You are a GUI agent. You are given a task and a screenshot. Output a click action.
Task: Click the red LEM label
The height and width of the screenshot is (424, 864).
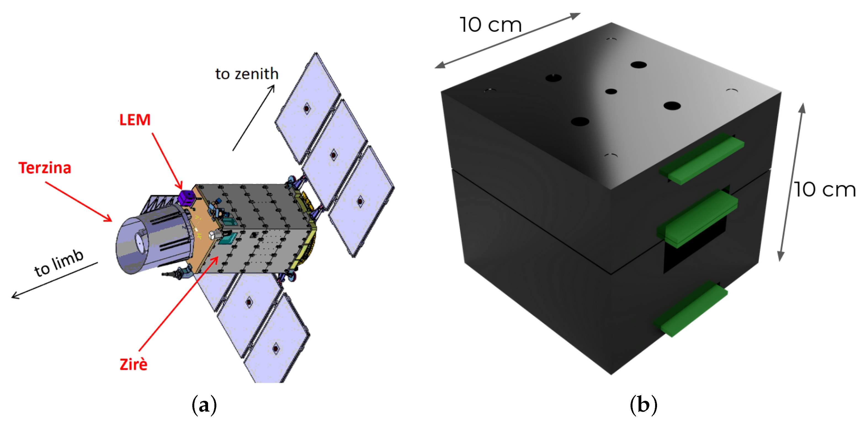tap(135, 120)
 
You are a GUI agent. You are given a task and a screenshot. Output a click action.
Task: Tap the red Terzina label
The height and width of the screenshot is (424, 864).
tap(45, 168)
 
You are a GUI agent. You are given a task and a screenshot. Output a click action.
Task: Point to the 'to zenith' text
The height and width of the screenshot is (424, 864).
tap(247, 74)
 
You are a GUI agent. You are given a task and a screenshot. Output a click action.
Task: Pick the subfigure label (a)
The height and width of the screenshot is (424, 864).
tap(204, 405)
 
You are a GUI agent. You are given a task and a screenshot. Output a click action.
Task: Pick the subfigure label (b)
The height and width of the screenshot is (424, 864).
tap(643, 405)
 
